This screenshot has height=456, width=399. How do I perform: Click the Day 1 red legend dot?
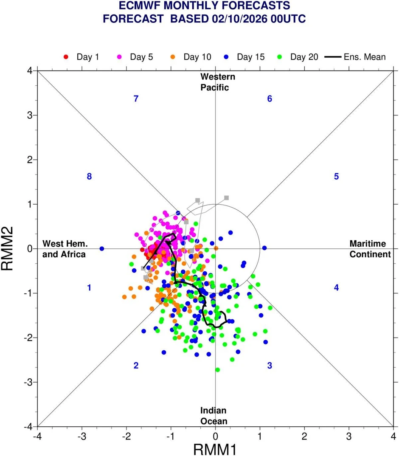tap(66, 57)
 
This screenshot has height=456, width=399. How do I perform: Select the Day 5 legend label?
tap(141, 57)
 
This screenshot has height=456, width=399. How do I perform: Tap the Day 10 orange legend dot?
tap(173, 57)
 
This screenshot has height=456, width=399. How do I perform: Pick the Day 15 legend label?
tap(251, 57)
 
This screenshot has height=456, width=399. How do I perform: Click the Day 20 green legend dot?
tap(279, 57)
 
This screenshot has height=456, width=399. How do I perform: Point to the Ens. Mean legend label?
tap(365, 57)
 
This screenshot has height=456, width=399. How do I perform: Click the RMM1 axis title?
tap(215, 449)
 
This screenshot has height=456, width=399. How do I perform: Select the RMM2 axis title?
tap(7, 249)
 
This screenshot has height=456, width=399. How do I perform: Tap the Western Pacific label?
tap(217, 82)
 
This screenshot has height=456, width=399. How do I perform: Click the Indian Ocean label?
tap(214, 416)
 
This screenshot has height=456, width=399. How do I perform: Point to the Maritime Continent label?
tap(370, 249)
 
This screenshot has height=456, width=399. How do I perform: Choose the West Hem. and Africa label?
tap(64, 249)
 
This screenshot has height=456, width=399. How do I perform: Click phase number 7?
tap(136, 99)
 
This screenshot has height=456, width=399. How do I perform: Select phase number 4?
tap(337, 287)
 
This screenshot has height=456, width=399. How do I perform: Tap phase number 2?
tap(136, 366)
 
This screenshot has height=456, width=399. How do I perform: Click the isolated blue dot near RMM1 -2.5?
tap(102, 249)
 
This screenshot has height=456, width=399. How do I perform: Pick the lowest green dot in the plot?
tap(217, 370)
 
